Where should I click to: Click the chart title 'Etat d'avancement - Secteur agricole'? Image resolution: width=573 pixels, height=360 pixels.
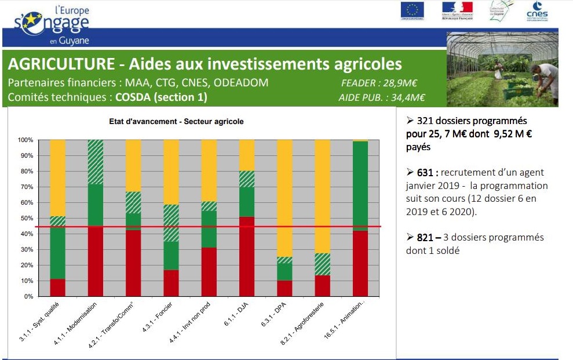176,122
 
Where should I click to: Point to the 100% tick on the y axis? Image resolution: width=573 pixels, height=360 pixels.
25,140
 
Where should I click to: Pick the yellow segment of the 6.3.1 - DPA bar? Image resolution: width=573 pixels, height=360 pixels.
284,197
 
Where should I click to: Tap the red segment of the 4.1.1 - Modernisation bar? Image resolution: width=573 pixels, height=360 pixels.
95,261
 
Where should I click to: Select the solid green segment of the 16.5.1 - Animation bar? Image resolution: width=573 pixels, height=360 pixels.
360,186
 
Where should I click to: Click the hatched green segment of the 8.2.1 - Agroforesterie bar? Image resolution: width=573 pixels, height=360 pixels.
323,264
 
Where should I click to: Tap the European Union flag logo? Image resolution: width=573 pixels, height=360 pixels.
413,11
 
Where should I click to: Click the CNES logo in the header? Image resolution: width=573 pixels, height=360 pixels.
536,12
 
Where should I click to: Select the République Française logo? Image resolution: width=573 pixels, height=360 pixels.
457,11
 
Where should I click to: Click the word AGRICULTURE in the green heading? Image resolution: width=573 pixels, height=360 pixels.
61,63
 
